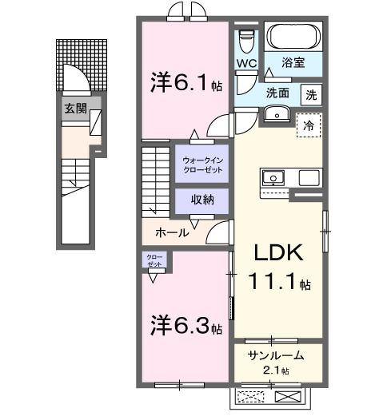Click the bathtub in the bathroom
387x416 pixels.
coord(293,37)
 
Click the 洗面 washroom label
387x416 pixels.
coord(278,93)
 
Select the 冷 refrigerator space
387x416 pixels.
coord(309,125)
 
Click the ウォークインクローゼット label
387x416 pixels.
coord(201,164)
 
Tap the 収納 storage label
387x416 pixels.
coord(201,200)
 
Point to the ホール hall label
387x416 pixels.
coord(173,233)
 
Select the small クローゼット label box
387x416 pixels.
coord(154,260)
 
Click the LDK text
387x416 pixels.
coord(277,254)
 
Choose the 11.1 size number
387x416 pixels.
coord(278,283)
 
